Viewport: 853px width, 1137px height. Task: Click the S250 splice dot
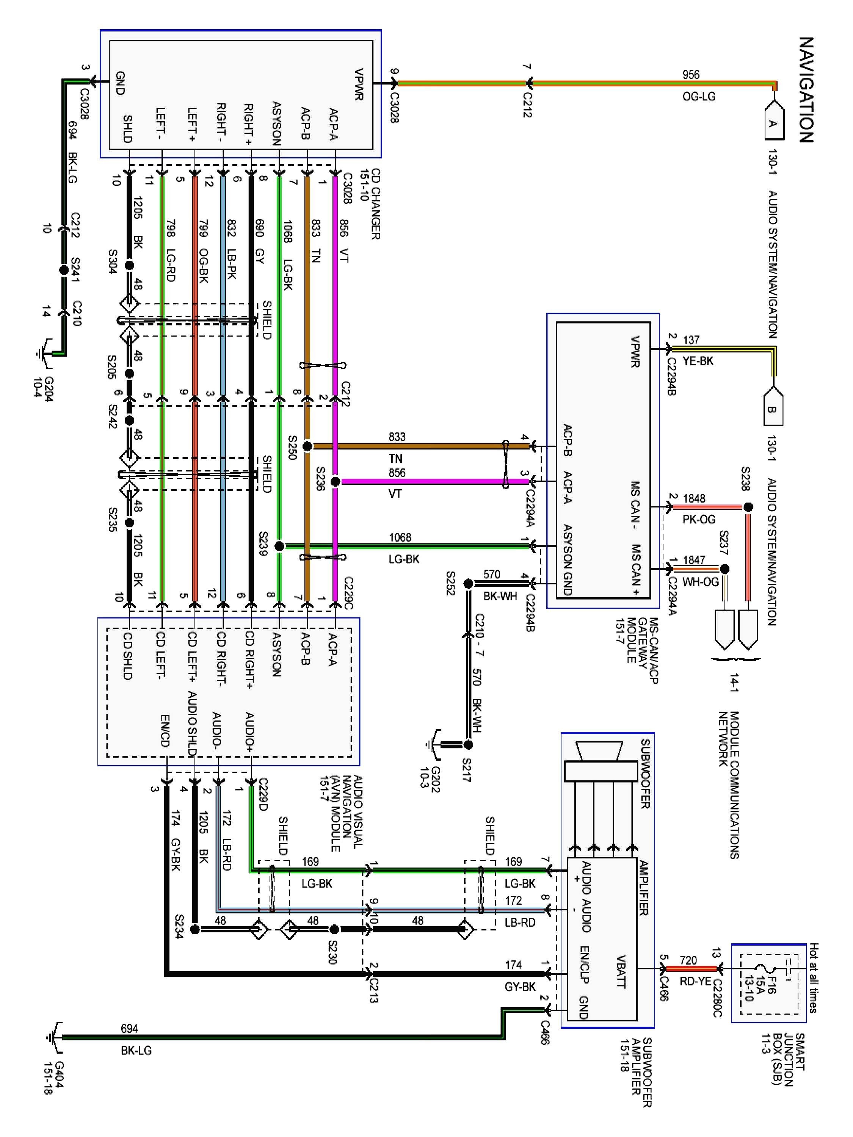click(x=307, y=446)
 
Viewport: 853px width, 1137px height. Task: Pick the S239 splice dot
click(x=279, y=546)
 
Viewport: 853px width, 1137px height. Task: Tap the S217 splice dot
click(x=468, y=744)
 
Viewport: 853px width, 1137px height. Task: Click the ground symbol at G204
click(x=45, y=354)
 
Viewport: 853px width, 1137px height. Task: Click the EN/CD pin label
click(x=165, y=730)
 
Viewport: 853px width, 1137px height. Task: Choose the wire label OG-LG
click(x=699, y=96)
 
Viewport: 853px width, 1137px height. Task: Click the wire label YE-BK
click(x=698, y=361)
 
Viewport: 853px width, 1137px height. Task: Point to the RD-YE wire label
click(x=695, y=981)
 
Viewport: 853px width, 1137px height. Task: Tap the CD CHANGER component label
click(x=376, y=204)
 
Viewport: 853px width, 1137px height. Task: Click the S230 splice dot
click(x=334, y=929)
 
